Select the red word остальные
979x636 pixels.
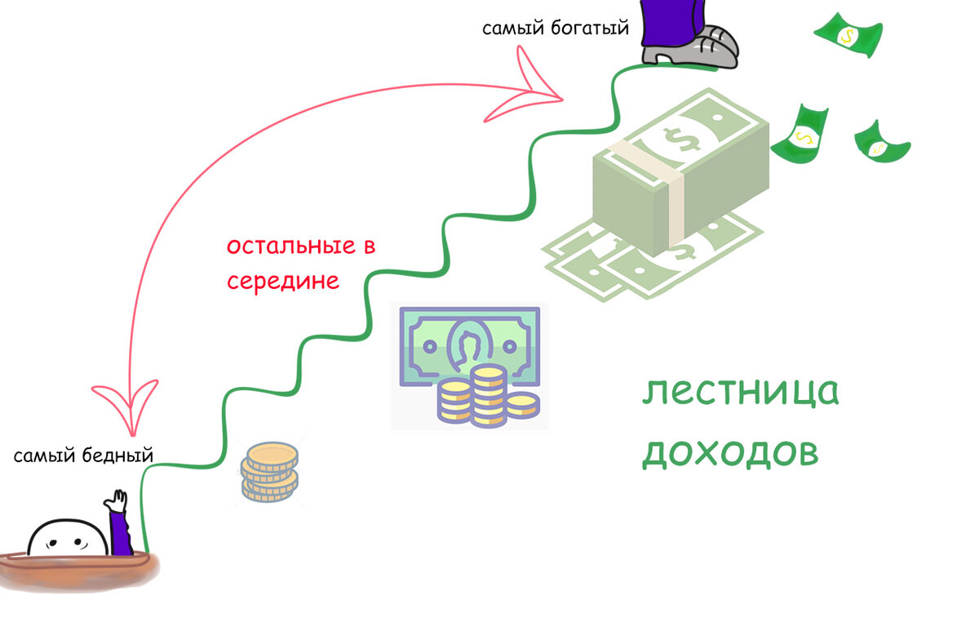pos(292,246)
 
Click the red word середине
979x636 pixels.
pos(282,282)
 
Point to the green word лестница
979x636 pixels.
pos(740,393)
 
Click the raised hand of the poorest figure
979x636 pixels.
pos(119,499)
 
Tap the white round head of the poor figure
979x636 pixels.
pos(67,538)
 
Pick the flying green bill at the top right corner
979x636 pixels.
pos(849,35)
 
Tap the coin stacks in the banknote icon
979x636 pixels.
pos(486,398)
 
